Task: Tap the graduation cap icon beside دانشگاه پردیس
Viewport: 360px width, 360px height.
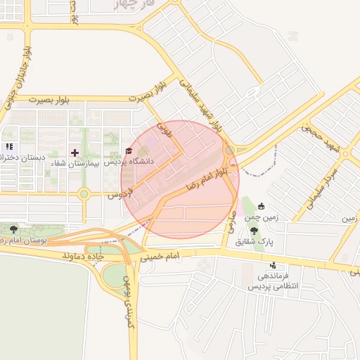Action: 128,151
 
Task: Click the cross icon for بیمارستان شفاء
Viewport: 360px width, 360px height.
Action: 75,152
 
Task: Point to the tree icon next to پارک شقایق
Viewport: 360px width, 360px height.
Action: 254,231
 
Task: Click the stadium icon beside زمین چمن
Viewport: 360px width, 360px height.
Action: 262,206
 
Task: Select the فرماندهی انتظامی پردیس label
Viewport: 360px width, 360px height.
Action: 274,281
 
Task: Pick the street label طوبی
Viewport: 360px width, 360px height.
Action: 164,129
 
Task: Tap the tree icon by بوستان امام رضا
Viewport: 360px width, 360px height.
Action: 13,229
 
